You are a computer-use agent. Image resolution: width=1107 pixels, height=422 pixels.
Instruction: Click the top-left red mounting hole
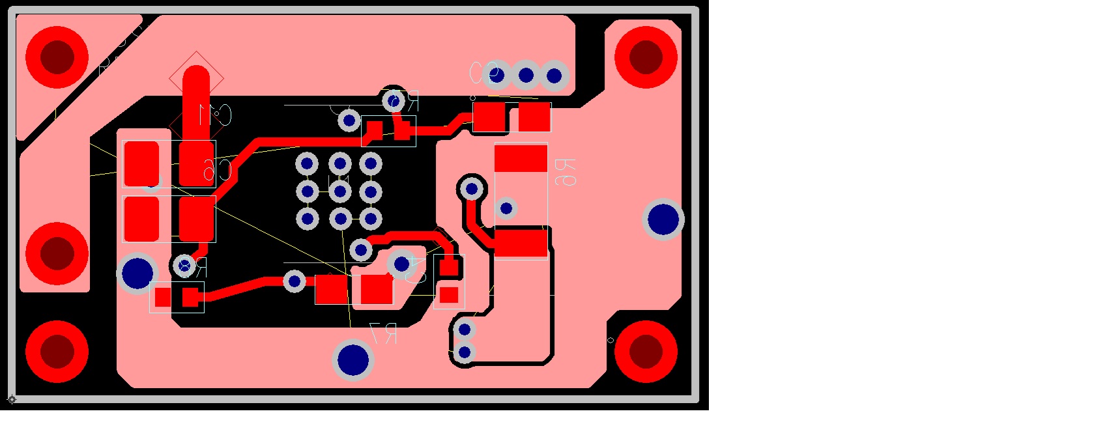click(57, 57)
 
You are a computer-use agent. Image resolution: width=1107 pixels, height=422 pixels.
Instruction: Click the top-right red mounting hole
click(646, 57)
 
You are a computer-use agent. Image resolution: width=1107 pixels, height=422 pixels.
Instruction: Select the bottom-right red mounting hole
click(646, 352)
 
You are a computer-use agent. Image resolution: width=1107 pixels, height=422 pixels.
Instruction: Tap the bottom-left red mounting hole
click(57, 352)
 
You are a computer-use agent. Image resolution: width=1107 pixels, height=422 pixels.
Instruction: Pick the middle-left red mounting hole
click(57, 253)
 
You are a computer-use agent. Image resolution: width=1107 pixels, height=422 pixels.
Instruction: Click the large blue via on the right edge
click(663, 219)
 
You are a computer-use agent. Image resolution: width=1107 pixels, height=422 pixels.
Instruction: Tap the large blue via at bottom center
click(353, 359)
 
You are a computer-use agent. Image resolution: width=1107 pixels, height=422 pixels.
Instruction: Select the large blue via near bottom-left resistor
click(137, 273)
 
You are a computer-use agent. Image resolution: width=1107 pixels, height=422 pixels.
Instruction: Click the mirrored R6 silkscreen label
click(565, 172)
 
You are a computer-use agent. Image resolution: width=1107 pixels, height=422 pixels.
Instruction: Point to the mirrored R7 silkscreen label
click(383, 333)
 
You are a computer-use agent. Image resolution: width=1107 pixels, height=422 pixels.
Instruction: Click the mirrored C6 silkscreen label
click(217, 169)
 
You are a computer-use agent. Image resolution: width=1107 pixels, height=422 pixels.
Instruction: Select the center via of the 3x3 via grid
click(340, 191)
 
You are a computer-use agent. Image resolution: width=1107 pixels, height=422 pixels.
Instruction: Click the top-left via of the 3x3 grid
click(307, 163)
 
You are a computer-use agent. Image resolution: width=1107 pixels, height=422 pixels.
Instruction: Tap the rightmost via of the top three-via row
click(554, 76)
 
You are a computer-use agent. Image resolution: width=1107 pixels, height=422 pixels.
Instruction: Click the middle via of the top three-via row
click(526, 76)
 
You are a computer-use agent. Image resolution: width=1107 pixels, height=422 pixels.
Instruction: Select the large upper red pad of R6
click(521, 158)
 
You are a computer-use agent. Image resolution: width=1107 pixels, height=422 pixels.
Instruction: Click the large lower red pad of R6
click(521, 243)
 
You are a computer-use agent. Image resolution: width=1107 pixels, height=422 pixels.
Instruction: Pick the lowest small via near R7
click(464, 353)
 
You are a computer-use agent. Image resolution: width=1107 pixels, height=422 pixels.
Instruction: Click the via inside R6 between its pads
click(506, 208)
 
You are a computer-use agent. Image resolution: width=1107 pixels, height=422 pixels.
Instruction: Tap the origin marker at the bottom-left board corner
click(12, 399)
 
